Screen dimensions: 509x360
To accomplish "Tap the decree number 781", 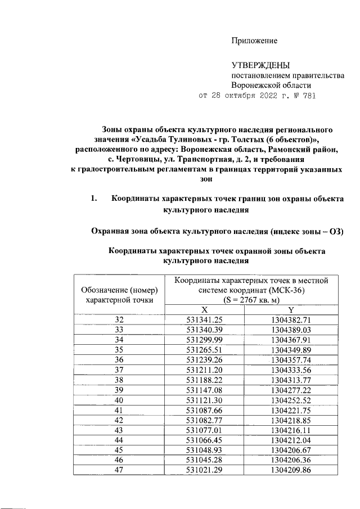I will click(308, 95).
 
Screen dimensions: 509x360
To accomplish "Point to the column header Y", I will click(290, 310).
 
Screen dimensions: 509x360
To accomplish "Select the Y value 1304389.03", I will click(290, 329).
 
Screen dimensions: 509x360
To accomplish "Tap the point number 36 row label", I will click(119, 358).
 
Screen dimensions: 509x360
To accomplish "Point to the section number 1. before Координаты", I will click(94, 199).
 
